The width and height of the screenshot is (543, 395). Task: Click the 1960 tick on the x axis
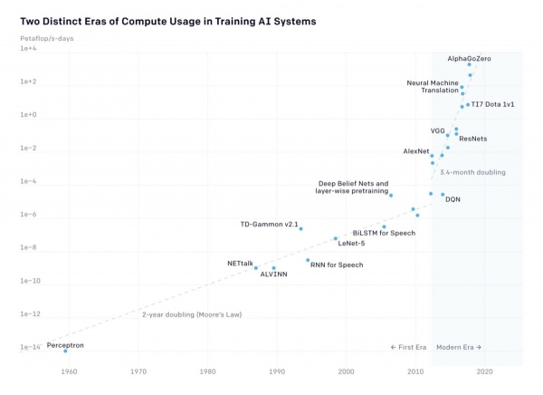click(x=70, y=371)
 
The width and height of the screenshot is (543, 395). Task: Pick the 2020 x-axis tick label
click(x=485, y=371)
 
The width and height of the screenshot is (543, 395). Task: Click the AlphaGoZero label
click(x=469, y=58)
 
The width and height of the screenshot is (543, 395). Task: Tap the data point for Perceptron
click(x=65, y=351)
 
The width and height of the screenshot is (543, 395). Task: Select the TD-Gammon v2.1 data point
click(x=300, y=228)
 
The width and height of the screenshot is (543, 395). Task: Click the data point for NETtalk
click(x=256, y=268)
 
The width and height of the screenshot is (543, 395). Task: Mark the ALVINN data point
click(x=273, y=267)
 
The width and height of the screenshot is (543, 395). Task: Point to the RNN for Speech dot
click(x=308, y=260)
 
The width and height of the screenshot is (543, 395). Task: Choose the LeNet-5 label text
click(x=351, y=243)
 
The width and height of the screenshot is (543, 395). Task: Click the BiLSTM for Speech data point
click(x=384, y=226)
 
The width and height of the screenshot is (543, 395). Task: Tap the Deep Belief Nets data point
click(x=391, y=195)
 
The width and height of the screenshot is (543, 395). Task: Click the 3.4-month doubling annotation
click(x=472, y=171)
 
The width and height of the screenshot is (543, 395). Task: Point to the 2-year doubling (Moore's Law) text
click(x=197, y=314)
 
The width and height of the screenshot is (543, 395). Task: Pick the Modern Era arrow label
click(x=459, y=347)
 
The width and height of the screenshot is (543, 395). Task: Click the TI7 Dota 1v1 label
click(x=493, y=105)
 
